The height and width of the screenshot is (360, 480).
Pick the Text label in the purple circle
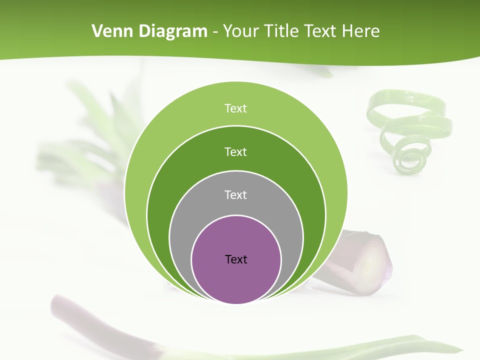tap(236, 259)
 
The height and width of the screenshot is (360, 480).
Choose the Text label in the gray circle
tap(236, 194)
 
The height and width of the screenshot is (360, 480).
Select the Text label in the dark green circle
tap(236, 151)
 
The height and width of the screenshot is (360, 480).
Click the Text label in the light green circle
tap(236, 108)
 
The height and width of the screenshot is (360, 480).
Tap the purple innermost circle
tap(236, 280)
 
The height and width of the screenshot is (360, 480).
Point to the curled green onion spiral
tap(407, 130)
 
